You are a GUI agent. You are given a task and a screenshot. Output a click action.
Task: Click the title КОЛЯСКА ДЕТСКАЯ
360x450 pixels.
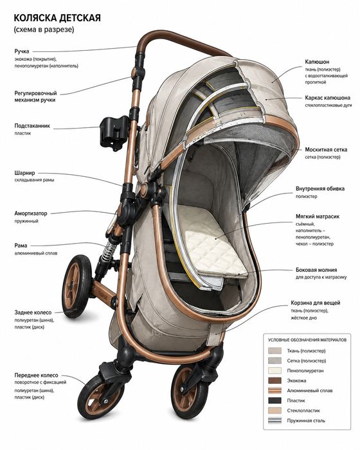pyautogui.click(x=57, y=18)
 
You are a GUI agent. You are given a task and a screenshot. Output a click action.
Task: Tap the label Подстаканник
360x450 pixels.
pyautogui.click(x=32, y=126)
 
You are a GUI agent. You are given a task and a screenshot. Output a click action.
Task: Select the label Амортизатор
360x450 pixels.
pyautogui.click(x=31, y=213)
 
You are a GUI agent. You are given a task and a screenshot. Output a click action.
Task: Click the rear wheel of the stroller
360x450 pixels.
pyautogui.click(x=76, y=286)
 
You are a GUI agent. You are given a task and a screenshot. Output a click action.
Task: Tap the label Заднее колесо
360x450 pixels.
pyautogui.click(x=33, y=312)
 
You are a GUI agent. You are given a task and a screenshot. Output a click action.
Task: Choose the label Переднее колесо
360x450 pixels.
pyautogui.click(x=36, y=375)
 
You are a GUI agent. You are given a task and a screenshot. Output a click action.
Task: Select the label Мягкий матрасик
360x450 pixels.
pyautogui.click(x=318, y=217)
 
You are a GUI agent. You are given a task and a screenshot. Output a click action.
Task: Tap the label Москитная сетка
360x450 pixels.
pyautogui.click(x=326, y=150)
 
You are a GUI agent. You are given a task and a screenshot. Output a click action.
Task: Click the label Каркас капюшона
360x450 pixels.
pyautogui.click(x=328, y=98)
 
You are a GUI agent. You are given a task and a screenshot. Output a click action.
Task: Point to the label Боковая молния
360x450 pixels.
pyautogui.click(x=316, y=270)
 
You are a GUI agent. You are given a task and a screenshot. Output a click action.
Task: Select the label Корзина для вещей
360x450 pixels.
pyautogui.click(x=315, y=303)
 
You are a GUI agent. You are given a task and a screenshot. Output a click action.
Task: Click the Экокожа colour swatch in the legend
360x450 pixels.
pyautogui.click(x=274, y=381)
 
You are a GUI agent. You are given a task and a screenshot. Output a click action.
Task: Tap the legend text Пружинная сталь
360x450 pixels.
pyautogui.click(x=306, y=420)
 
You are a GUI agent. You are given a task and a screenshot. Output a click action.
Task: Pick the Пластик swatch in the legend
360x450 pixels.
pyautogui.click(x=274, y=401)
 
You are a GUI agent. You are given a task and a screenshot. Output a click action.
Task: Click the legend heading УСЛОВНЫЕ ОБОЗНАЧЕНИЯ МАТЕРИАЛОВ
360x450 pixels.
pyautogui.click(x=307, y=340)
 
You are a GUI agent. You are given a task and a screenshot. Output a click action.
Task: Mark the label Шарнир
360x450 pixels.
pyautogui.click(x=24, y=173)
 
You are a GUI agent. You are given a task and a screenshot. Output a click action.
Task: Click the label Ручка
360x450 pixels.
pyautogui.click(x=22, y=51)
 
